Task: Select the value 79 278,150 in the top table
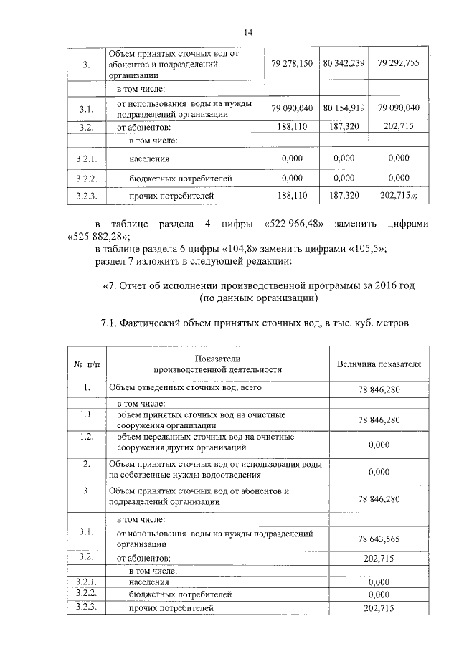[x=292, y=63]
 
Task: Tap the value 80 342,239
[x=344, y=63]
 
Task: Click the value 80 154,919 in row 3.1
[x=344, y=108]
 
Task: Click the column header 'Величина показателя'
[x=379, y=364]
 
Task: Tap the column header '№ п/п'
[x=86, y=364]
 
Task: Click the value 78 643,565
[x=378, y=539]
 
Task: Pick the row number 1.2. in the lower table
[x=86, y=436]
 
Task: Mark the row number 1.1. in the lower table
[x=86, y=414]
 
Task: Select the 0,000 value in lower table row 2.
[x=378, y=472]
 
